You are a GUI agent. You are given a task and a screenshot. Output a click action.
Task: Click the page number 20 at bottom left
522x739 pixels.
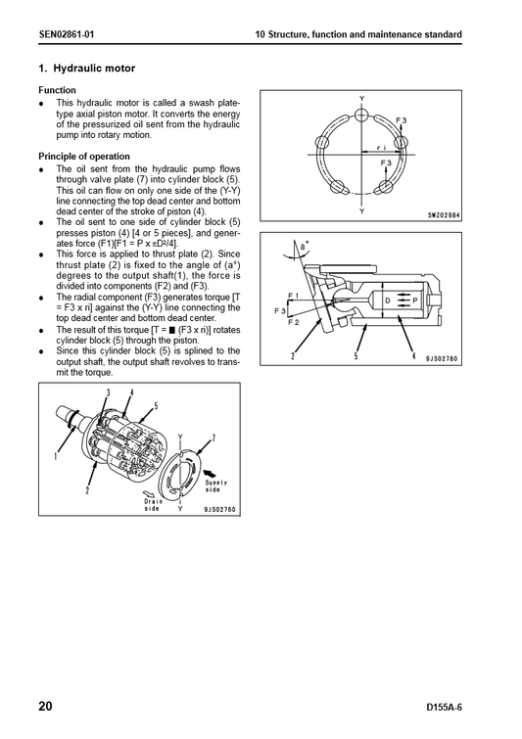[x=46, y=706]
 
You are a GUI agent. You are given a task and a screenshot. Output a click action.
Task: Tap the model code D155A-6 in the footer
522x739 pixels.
[x=444, y=708]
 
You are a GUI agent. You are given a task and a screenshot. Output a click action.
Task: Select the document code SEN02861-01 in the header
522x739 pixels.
[x=67, y=34]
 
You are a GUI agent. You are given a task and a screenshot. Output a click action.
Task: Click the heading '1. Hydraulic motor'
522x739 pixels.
[x=87, y=69]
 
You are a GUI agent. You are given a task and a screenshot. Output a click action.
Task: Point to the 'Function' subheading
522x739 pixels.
[x=57, y=90]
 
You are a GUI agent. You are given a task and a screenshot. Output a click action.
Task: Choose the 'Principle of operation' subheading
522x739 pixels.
[x=84, y=157]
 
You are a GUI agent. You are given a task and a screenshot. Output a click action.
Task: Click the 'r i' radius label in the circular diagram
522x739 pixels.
[x=382, y=148]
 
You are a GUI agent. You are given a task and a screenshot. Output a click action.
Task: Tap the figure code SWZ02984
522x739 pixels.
[x=444, y=216]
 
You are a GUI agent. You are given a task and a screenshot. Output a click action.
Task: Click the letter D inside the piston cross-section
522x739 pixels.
[x=388, y=300]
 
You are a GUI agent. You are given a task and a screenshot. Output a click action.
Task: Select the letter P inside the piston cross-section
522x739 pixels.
[x=415, y=300]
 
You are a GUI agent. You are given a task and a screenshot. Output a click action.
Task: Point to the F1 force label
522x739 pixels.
[x=293, y=296]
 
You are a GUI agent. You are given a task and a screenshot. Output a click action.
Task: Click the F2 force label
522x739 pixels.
[x=293, y=323]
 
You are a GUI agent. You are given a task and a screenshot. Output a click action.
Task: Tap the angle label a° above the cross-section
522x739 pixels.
[x=305, y=246]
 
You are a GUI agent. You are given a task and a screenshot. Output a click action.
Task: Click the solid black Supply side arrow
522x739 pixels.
[x=210, y=472]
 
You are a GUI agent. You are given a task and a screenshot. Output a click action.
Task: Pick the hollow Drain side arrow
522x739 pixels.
[x=150, y=493]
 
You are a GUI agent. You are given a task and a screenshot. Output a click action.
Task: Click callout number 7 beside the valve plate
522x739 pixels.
[x=214, y=439]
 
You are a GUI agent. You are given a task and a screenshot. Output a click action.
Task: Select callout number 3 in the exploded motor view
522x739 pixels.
[x=108, y=393]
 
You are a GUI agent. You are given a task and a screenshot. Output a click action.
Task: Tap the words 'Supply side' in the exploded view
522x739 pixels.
[x=216, y=486]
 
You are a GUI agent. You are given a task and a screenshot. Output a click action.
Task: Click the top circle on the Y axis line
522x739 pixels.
[x=361, y=115]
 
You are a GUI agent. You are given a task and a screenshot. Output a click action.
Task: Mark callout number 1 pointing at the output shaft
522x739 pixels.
[x=56, y=456]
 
